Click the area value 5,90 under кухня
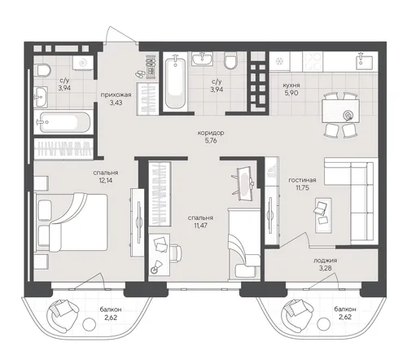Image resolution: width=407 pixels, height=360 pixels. click(x=291, y=93)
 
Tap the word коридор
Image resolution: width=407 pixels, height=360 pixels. click(x=211, y=133)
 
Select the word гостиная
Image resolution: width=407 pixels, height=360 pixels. click(x=302, y=180)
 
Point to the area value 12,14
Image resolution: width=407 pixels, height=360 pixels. click(x=106, y=180)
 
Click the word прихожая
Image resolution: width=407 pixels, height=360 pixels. click(x=116, y=94)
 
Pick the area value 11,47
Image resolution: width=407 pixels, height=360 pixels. click(x=201, y=226)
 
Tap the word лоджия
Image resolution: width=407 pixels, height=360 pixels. click(x=325, y=261)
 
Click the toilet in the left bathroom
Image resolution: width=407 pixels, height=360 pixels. click(x=42, y=70)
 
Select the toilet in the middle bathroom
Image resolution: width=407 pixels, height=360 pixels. click(x=231, y=61)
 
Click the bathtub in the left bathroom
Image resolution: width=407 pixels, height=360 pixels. click(x=64, y=122)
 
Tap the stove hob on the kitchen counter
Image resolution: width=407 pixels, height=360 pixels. click(x=313, y=62)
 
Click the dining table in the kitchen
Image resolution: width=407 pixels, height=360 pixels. click(x=340, y=111)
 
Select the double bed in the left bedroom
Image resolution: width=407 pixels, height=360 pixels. click(x=71, y=222)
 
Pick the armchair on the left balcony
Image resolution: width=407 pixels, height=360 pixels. click(x=62, y=314)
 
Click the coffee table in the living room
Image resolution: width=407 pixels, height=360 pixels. click(x=323, y=215)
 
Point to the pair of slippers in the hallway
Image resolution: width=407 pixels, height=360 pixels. click(x=140, y=74)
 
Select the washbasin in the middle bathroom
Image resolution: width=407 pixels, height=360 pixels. click(x=202, y=59)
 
